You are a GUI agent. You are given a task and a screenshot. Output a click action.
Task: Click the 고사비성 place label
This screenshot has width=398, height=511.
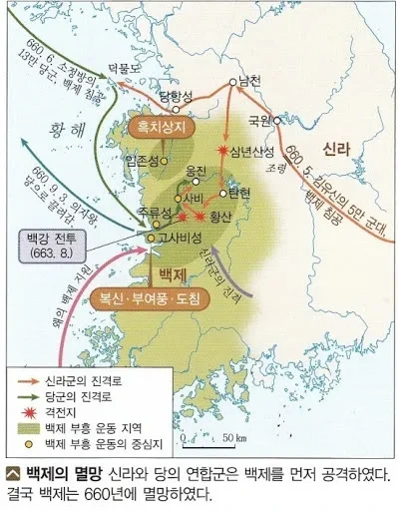pyautogui.click(x=180, y=239)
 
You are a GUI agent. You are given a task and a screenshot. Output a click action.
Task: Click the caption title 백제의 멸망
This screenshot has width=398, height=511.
pyautogui.click(x=59, y=470)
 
